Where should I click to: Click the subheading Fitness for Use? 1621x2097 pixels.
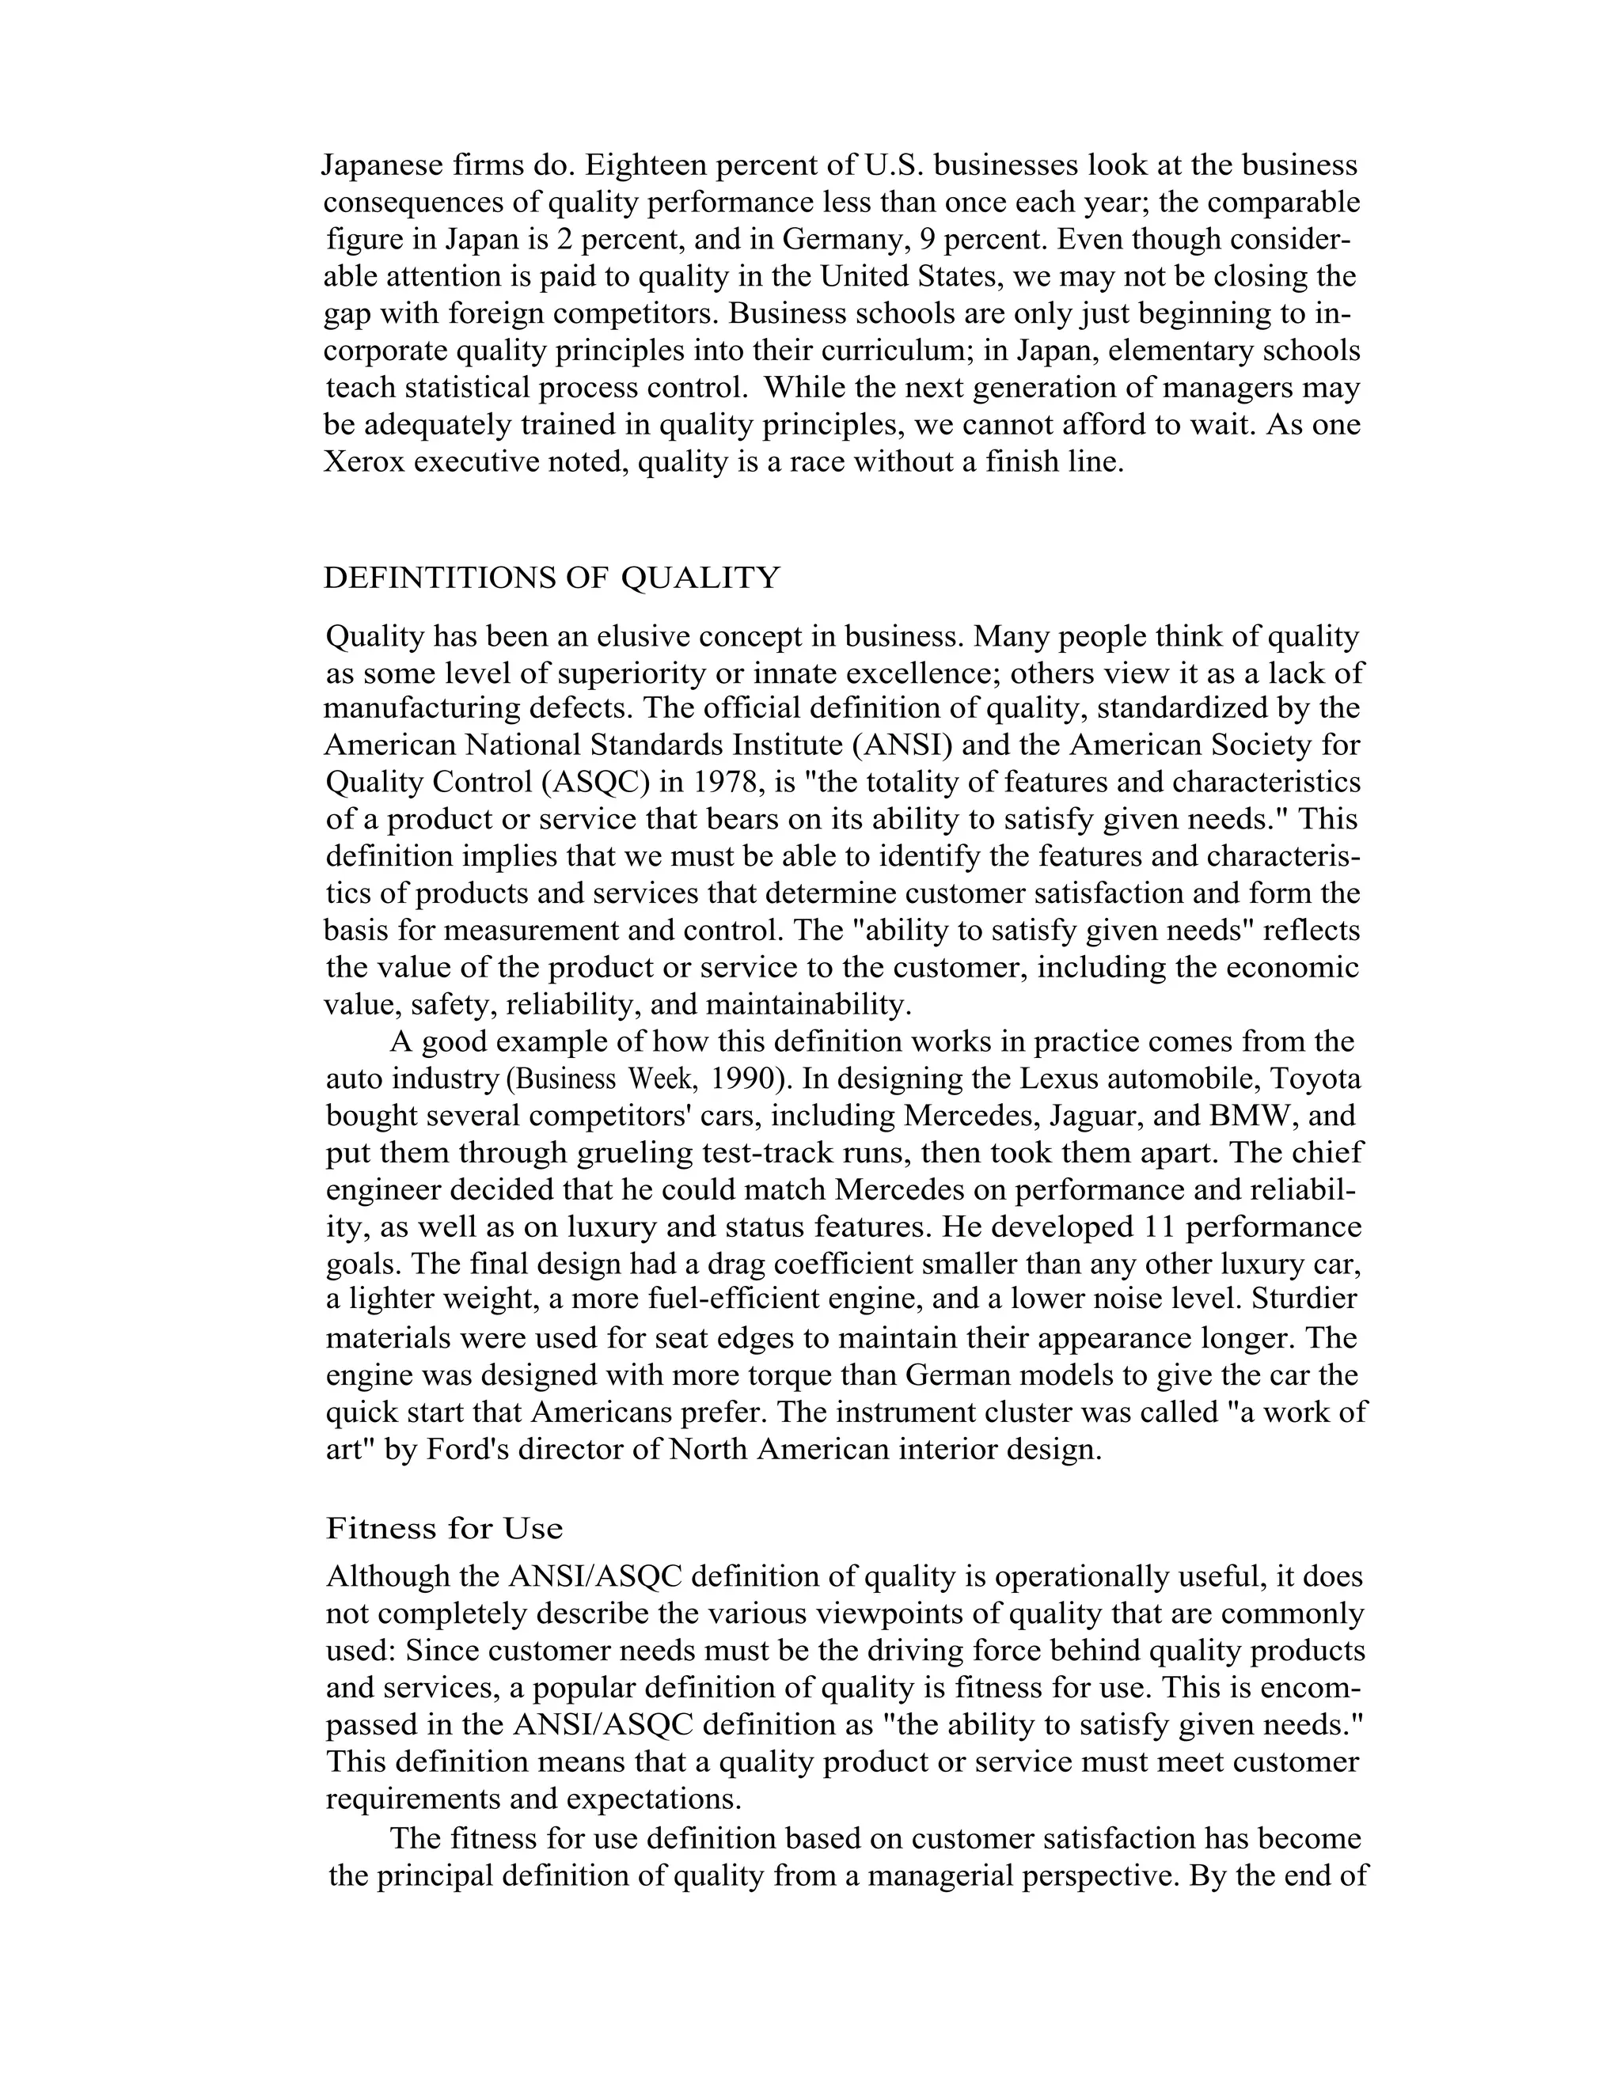(x=444, y=1527)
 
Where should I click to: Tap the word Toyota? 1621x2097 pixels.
(x=1315, y=1079)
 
